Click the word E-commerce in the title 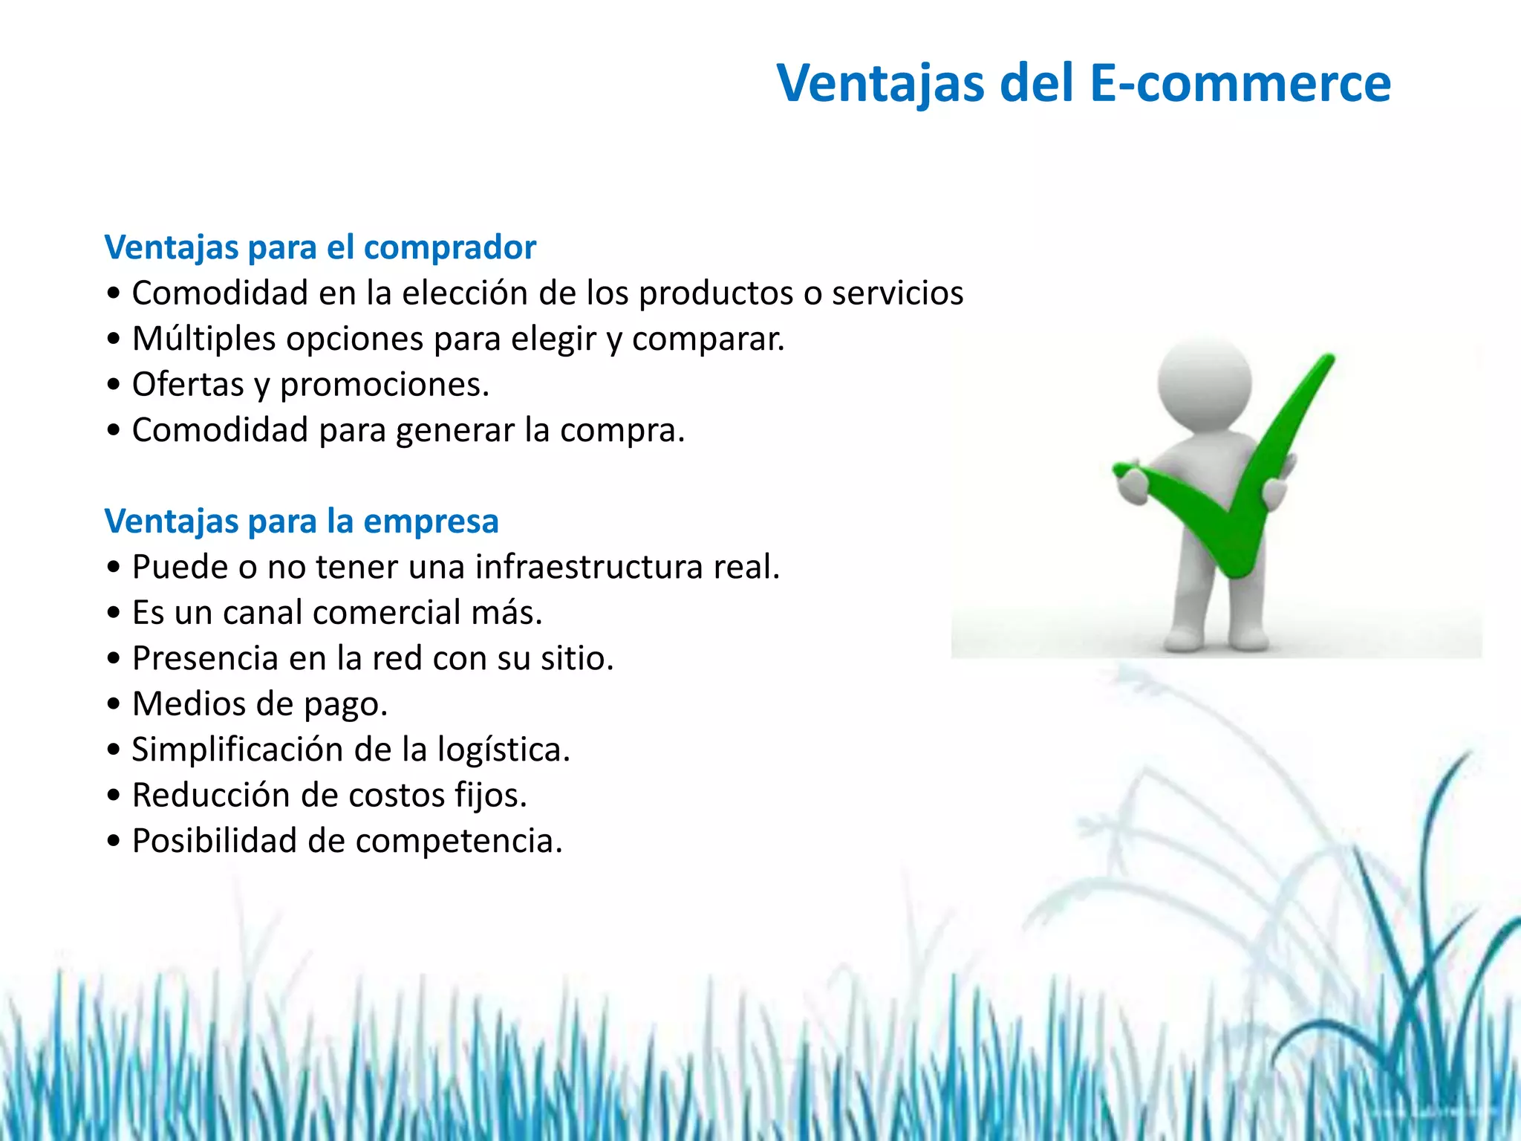(1240, 82)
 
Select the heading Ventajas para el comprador (320, 247)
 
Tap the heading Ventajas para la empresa (302, 521)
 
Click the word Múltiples (204, 339)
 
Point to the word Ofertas (188, 385)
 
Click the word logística (503, 750)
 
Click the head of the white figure (1205, 383)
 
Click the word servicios (897, 293)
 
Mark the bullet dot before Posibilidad (113, 842)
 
